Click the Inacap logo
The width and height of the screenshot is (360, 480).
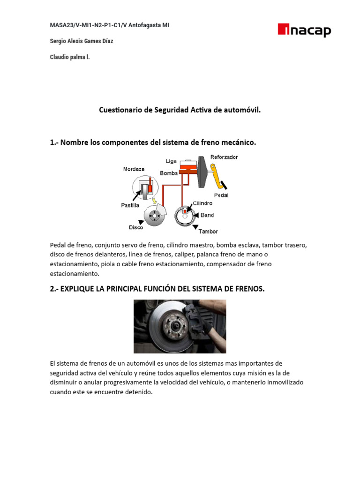[304, 31]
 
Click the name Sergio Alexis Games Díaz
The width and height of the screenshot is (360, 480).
[81, 41]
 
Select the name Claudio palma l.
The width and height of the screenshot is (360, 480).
[69, 57]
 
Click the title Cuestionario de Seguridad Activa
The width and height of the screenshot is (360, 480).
[180, 110]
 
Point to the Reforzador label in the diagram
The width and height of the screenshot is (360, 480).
[224, 157]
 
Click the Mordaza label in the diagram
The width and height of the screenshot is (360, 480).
[134, 169]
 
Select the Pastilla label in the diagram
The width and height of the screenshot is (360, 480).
[130, 205]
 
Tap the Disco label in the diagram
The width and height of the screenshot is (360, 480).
[136, 227]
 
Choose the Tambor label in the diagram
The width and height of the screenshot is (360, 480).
[208, 231]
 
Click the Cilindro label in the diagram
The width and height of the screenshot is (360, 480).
[202, 203]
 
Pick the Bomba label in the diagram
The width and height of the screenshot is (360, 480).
[169, 173]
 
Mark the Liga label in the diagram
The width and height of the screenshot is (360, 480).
[171, 161]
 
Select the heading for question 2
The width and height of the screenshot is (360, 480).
[157, 289]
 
